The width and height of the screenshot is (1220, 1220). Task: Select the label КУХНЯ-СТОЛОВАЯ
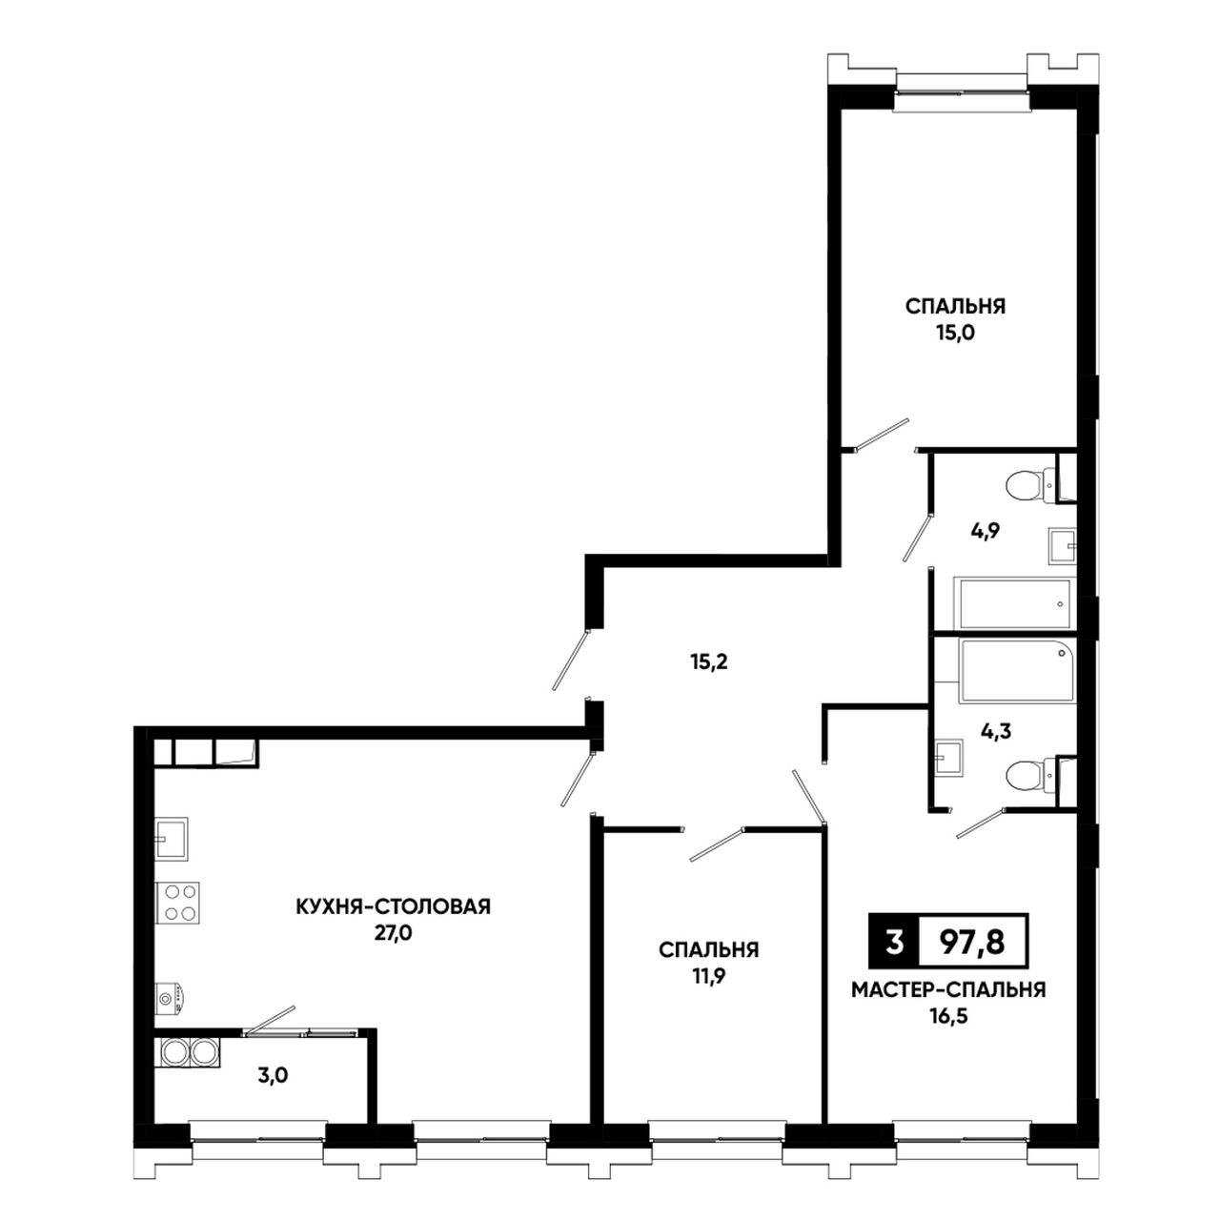tap(394, 906)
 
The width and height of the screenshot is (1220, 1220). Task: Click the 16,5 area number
tap(947, 1018)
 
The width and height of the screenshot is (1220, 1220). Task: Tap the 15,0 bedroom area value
tap(955, 334)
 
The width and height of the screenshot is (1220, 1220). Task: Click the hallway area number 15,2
tap(709, 662)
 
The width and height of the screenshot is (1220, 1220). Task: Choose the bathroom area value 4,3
tap(996, 732)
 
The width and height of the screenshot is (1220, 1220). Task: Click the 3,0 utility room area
tap(274, 1076)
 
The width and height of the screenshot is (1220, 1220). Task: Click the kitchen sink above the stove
tap(173, 838)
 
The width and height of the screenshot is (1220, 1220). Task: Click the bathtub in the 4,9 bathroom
tap(1014, 603)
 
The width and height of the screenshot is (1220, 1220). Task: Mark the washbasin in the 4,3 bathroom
tap(948, 757)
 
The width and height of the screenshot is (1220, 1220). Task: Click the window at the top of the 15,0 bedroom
tap(962, 92)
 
